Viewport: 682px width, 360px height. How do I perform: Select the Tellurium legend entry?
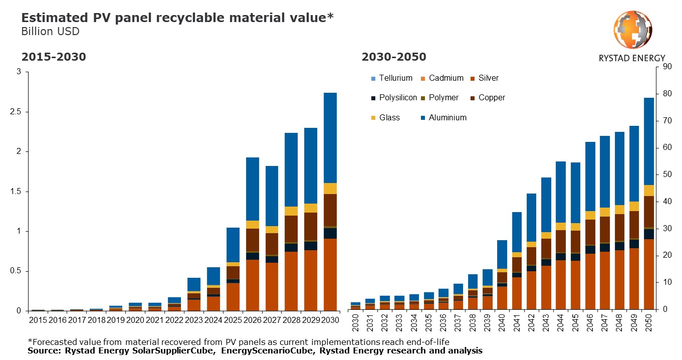point(391,78)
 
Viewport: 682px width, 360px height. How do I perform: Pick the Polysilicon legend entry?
point(393,98)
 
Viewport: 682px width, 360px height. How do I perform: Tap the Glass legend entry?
point(385,118)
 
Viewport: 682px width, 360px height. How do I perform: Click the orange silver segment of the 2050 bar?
point(648,274)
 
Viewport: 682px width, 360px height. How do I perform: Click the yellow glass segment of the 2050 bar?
point(648,191)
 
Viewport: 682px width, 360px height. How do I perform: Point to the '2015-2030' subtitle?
point(53,57)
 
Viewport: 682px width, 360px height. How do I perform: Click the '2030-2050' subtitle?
point(393,57)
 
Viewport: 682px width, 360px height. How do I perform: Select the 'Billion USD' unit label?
point(50,32)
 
